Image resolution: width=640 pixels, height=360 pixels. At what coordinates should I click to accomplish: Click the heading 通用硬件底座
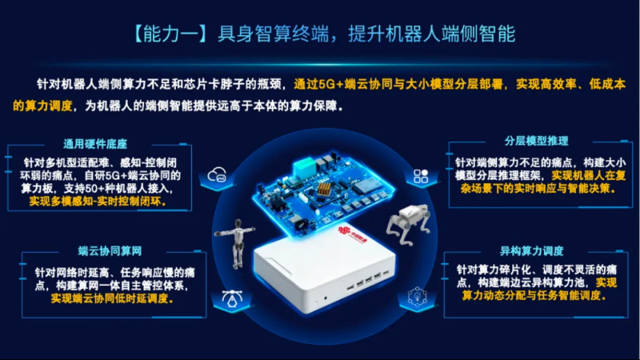[x=95, y=144]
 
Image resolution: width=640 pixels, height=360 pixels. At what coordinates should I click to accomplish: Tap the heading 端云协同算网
[x=110, y=251]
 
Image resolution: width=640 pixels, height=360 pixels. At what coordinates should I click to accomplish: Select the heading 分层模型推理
[x=536, y=142]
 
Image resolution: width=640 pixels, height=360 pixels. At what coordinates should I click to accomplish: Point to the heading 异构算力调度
[x=531, y=250]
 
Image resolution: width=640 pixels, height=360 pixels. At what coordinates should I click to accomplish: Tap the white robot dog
[x=409, y=225]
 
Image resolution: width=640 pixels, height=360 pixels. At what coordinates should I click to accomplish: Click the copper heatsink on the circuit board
[x=324, y=190]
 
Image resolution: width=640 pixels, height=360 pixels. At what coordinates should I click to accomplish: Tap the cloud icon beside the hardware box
[x=217, y=174]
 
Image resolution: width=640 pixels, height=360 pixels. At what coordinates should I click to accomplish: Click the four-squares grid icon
[x=421, y=176]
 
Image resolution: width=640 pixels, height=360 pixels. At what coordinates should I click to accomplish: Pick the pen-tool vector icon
[x=232, y=298]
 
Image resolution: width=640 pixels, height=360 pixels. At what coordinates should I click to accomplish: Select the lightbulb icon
[x=417, y=296]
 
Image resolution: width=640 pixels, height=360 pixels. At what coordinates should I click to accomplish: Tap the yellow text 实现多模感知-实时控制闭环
[x=98, y=202]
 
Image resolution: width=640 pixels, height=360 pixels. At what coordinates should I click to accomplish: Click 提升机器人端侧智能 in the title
[x=431, y=34]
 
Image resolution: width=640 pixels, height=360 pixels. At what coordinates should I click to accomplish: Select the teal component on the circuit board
[x=304, y=166]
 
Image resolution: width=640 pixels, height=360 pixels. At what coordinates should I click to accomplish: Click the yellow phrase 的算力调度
[x=42, y=106]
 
